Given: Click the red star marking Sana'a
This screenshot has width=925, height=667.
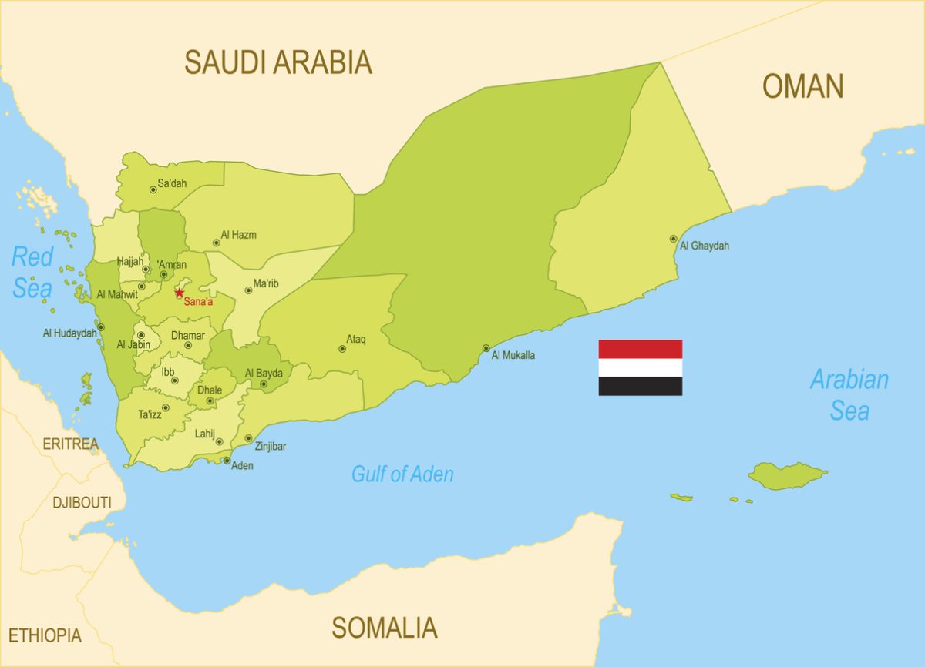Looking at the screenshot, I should (179, 293).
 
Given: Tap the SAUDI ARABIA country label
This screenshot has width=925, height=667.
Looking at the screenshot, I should (277, 62).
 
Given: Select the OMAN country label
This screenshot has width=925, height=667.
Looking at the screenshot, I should (803, 86).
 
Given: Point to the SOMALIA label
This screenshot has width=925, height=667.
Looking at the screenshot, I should (384, 628).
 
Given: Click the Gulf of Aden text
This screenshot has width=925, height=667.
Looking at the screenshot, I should (402, 474).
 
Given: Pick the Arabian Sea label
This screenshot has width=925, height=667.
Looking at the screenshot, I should (849, 394).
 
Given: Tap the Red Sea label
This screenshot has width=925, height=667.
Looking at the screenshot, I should (32, 272).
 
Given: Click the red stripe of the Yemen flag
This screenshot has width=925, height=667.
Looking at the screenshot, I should (640, 350).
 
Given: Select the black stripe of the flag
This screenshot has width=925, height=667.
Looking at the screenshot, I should (640, 387).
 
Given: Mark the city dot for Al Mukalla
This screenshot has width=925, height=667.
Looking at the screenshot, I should (486, 348).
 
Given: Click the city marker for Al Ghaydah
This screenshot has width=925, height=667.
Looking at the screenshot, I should (673, 239).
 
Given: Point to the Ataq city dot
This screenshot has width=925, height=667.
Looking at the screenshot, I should (342, 349).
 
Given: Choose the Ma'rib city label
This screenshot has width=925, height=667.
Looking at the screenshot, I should (266, 284).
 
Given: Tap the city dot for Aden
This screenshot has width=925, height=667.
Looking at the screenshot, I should (227, 461).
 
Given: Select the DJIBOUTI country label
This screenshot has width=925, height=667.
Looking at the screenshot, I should (82, 503).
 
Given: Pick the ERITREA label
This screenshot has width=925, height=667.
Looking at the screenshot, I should (70, 444).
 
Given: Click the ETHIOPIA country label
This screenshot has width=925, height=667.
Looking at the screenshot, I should (45, 635).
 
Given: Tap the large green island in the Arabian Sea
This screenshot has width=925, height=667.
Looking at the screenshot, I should (786, 475).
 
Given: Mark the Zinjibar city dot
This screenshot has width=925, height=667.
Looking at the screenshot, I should (248, 438).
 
